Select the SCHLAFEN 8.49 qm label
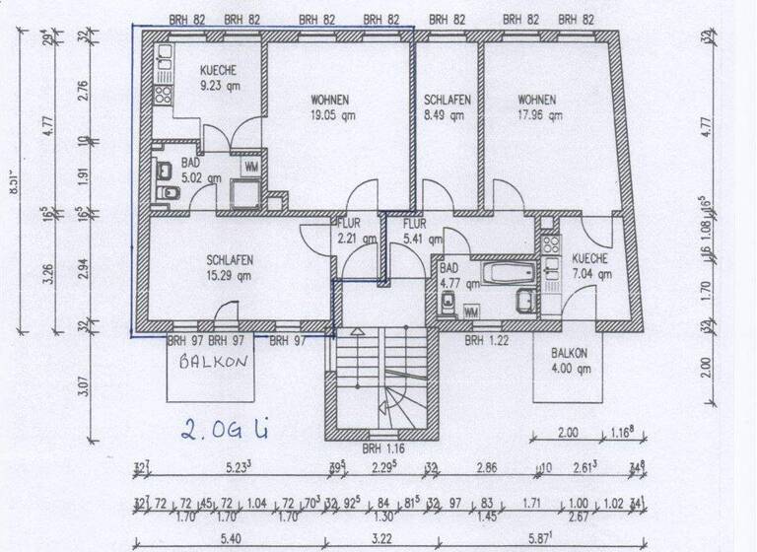click(x=447, y=106)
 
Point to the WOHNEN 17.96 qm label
click(x=537, y=106)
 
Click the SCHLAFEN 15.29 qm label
click(x=230, y=267)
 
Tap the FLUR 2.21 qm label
click(x=356, y=231)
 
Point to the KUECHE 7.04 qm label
click(x=589, y=266)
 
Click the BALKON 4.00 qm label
click(x=570, y=361)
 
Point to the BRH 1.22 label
click(x=487, y=340)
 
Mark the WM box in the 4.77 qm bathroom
click(x=471, y=311)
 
